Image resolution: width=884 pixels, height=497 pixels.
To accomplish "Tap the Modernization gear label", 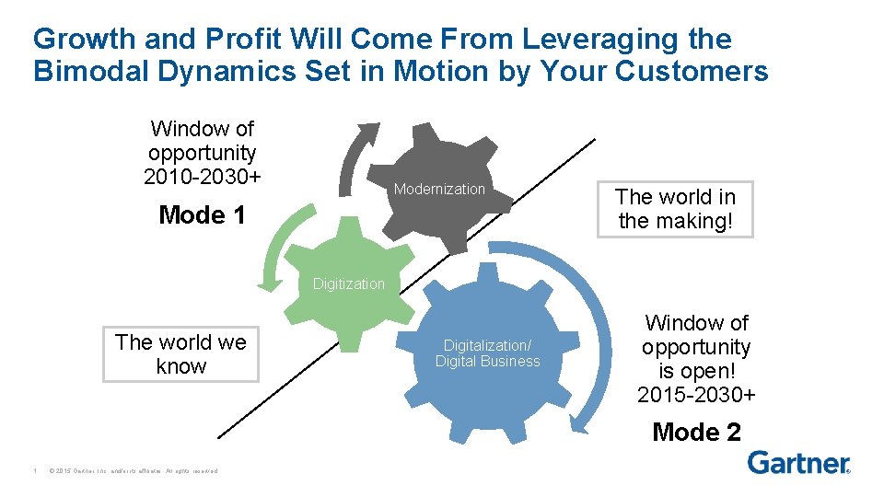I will tap(439, 189).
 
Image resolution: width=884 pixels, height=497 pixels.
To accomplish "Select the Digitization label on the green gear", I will tap(348, 283).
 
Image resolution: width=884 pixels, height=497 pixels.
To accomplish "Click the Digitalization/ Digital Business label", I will tap(487, 353).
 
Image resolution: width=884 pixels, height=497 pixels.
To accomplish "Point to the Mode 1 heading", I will tap(202, 215).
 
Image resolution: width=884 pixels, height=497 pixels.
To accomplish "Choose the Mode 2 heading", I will tap(696, 432).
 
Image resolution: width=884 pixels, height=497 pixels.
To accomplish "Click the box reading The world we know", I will tap(180, 354).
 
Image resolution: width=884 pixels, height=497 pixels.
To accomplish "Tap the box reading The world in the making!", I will tap(675, 209).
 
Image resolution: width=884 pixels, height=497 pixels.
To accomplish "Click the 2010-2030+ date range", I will tap(202, 177).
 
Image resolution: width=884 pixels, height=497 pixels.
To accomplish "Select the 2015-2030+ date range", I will tap(696, 396).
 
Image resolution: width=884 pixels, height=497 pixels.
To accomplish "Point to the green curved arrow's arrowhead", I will tap(270, 282).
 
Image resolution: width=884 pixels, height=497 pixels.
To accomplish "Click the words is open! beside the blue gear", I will tap(696, 372).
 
